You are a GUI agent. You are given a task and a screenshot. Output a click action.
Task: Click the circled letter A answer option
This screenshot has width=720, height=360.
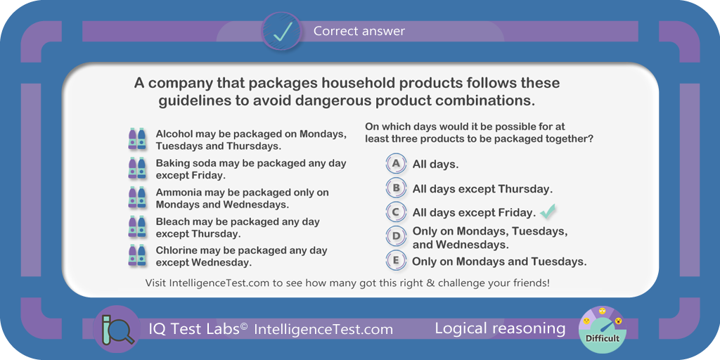click(x=397, y=163)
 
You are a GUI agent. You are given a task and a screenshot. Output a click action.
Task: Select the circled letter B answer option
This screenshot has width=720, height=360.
click(x=397, y=188)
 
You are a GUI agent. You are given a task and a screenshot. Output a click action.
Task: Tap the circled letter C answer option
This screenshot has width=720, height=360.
click(x=397, y=212)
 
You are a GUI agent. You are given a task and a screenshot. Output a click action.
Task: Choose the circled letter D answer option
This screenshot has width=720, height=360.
click(x=397, y=236)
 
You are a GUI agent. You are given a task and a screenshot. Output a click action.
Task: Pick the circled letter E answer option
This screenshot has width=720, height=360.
click(x=397, y=261)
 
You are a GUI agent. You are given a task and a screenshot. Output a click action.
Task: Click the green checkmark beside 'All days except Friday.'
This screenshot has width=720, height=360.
click(x=548, y=211)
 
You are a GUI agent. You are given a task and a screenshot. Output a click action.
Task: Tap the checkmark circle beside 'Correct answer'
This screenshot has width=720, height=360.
click(x=281, y=31)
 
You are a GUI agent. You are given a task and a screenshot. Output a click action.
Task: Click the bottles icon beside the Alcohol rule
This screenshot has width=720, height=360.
click(x=137, y=139)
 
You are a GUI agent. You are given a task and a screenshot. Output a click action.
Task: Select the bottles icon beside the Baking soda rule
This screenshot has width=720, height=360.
click(x=137, y=167)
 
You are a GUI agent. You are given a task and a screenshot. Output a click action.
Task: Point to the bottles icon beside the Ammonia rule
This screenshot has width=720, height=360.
click(x=137, y=198)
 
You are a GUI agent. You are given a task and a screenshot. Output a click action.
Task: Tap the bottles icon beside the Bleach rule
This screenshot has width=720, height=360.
click(x=137, y=226)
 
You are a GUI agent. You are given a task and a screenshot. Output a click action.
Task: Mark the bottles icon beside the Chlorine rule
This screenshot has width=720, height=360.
click(x=137, y=255)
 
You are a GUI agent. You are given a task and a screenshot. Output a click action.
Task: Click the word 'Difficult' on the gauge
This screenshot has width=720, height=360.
click(x=603, y=338)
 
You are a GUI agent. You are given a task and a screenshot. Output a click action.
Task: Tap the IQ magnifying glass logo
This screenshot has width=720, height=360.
click(x=116, y=329)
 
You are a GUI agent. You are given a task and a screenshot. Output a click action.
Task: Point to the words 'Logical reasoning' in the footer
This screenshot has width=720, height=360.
click(x=500, y=329)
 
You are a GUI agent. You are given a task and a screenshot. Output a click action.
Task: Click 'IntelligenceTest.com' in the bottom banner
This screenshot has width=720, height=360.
click(x=323, y=329)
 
